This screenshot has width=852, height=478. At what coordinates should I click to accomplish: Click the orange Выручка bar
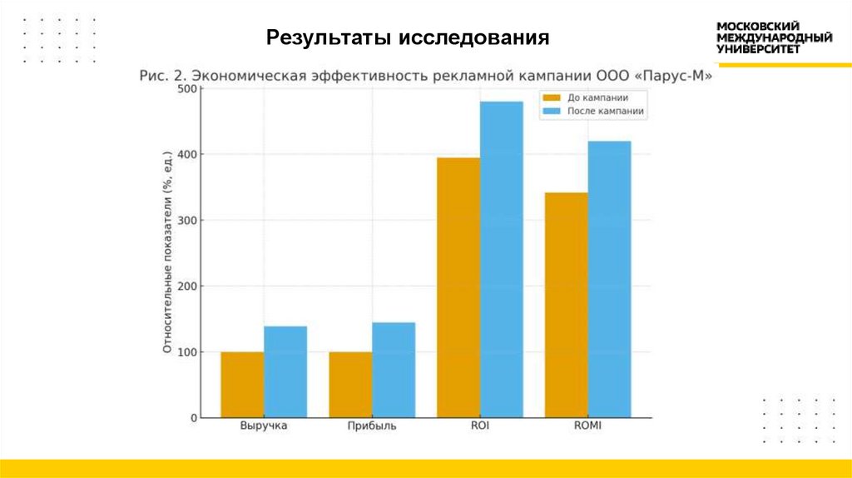click(x=242, y=385)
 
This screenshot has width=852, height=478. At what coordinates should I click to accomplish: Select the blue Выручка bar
click(x=285, y=371)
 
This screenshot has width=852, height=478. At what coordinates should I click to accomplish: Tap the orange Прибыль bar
click(x=350, y=385)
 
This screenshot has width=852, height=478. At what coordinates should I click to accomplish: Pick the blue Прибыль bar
click(x=394, y=370)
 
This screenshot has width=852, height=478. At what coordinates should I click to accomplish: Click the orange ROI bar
click(x=458, y=287)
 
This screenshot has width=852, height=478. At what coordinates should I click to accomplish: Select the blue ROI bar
click(x=502, y=259)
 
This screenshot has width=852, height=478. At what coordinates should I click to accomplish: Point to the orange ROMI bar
click(x=567, y=305)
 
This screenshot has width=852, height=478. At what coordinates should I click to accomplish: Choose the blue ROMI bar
click(x=610, y=279)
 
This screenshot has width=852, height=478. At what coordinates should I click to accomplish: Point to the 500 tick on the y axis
click(x=188, y=89)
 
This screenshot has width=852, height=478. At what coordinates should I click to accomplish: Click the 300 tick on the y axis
click(x=188, y=221)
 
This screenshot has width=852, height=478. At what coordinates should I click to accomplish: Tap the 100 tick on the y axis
click(x=188, y=352)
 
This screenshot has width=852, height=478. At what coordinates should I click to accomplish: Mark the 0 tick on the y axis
click(x=192, y=418)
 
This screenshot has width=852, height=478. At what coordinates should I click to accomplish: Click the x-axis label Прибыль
click(x=372, y=426)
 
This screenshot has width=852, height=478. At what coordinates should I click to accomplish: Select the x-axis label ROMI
click(x=587, y=426)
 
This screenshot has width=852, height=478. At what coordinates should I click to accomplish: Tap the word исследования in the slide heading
click(x=474, y=37)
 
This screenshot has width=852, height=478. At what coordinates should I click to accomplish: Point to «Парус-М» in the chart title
click(x=673, y=75)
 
